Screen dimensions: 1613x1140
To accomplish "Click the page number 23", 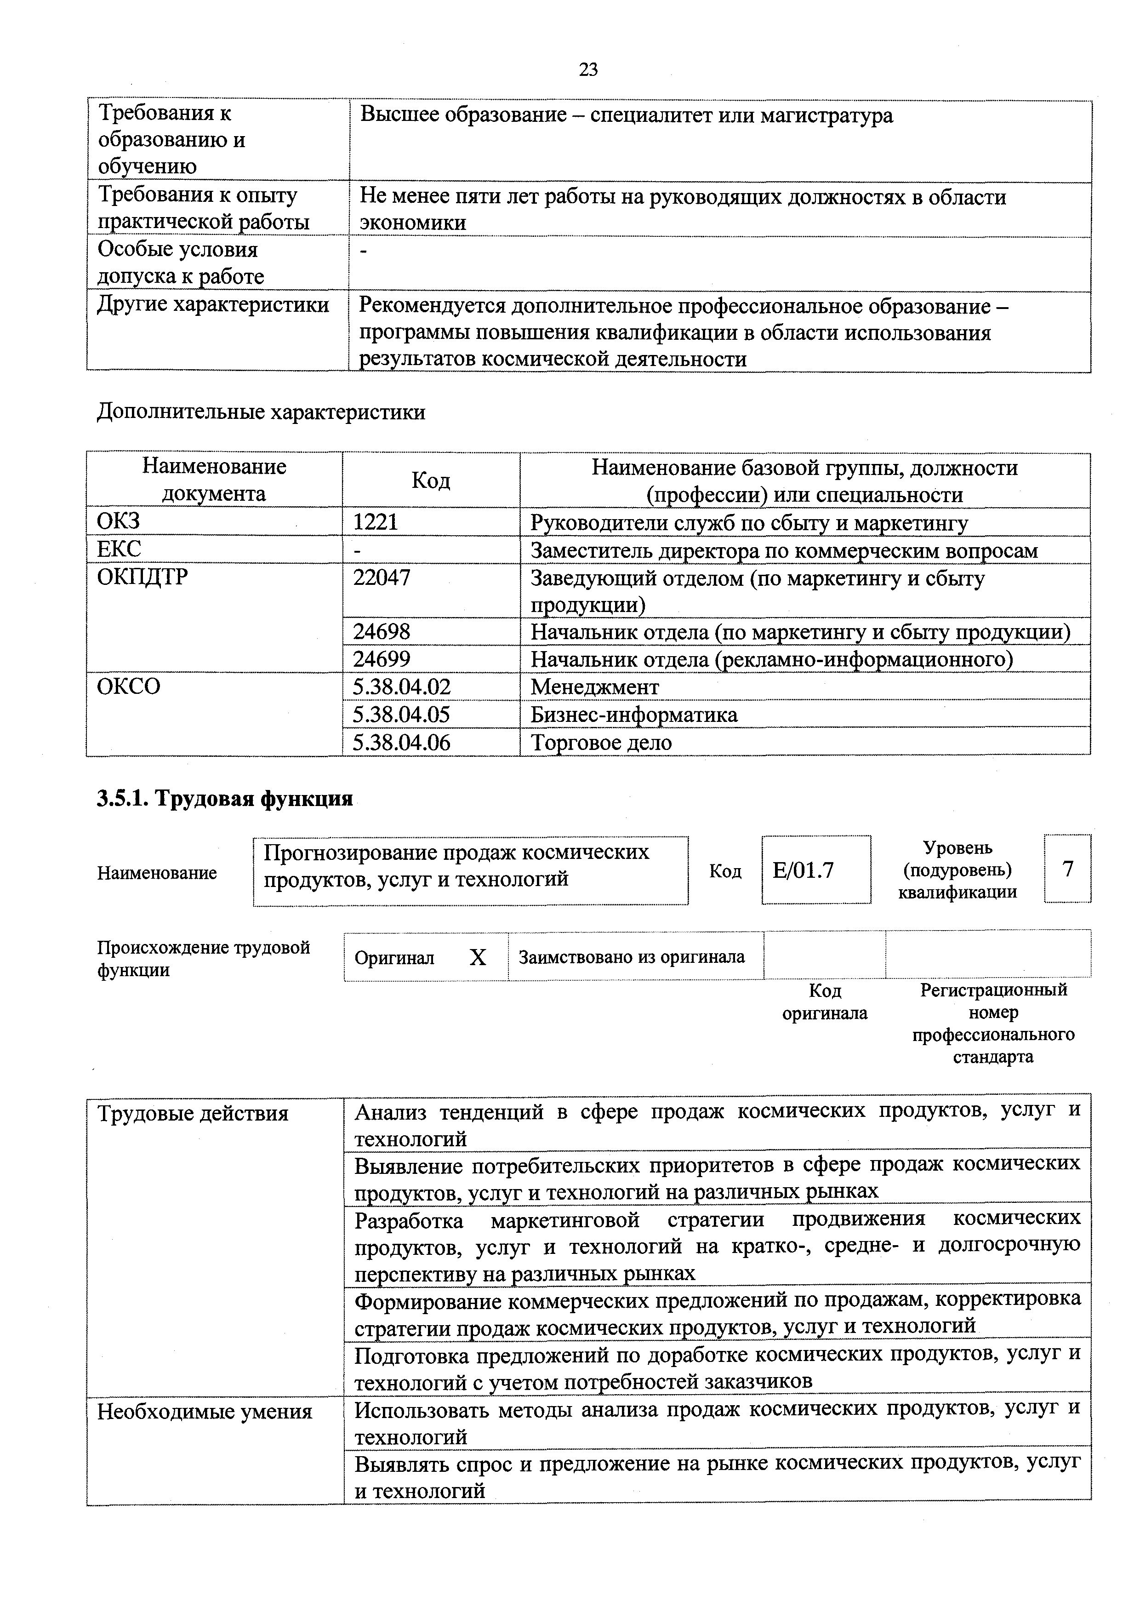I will (x=588, y=69).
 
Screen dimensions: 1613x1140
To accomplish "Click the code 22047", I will (x=382, y=578).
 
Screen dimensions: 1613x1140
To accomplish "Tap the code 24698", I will (x=382, y=632).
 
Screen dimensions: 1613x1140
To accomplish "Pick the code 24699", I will (x=382, y=659).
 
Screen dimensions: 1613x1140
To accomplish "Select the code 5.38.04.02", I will (x=402, y=686).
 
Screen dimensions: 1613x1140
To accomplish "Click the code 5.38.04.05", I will (x=402, y=715).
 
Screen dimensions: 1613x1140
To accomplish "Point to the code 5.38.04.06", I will (x=402, y=742).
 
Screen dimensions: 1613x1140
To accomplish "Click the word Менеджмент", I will (x=594, y=686).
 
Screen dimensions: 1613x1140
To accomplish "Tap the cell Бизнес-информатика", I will (x=633, y=715).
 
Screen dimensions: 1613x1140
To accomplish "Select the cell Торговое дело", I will (x=601, y=742).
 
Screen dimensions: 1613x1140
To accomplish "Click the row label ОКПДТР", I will (x=142, y=578).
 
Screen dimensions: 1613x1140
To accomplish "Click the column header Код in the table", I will (x=431, y=480).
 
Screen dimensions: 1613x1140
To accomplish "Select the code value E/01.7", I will (x=803, y=870).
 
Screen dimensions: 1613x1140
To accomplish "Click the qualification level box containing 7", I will (x=1068, y=869).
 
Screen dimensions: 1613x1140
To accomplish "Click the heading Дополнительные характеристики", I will (x=261, y=412).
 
